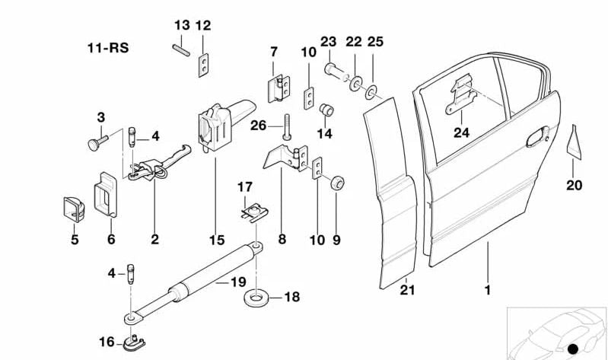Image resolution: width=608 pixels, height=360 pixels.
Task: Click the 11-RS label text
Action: pos(107,48)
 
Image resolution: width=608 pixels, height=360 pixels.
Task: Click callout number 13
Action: pos(181,25)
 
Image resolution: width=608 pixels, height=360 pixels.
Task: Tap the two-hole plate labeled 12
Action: pos(202,65)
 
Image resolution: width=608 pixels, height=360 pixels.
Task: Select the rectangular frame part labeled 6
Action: pos(106,196)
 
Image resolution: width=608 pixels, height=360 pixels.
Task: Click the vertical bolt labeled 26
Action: pos(286,126)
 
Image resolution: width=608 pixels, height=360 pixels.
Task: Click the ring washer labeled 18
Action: pos(255,297)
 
